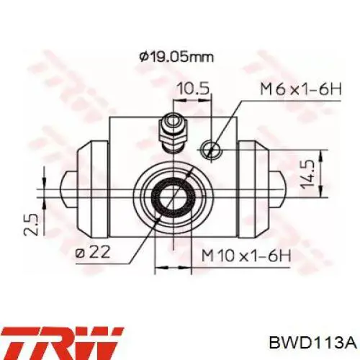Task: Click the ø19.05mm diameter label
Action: tap(176, 58)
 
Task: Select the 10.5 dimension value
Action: tap(193, 88)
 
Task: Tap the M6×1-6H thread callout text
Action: tap(301, 89)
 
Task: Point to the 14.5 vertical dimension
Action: tap(307, 174)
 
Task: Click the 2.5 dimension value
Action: tap(32, 225)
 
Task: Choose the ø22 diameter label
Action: tap(92, 253)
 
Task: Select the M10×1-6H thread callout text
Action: tap(246, 256)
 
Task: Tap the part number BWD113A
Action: tap(313, 343)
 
